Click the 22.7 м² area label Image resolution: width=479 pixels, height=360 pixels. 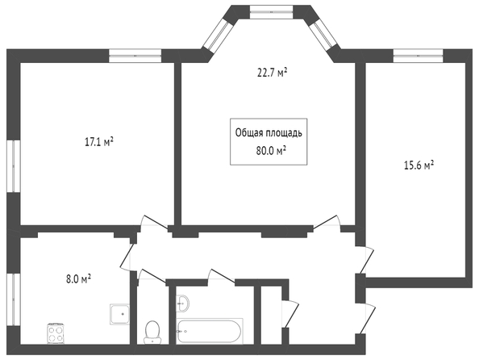273,73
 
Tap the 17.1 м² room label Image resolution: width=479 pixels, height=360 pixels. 98,142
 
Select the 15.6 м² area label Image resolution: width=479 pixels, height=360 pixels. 419,165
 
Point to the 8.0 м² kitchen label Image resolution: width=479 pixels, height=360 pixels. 79,279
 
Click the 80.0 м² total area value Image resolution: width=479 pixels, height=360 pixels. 271,151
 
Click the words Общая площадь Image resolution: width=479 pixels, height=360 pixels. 269,133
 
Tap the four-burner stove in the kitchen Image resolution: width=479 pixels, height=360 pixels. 56,333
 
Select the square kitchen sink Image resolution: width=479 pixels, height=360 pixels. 119,314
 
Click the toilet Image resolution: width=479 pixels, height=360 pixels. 152,333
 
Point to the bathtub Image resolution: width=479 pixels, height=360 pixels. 210,331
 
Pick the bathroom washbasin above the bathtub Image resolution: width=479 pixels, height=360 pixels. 182,303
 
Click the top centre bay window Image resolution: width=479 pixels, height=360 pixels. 271,12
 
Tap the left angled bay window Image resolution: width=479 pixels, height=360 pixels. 216,36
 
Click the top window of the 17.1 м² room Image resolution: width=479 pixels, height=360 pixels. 135,56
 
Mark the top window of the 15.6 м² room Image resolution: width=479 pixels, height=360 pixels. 418,56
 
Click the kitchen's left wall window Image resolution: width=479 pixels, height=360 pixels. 14,299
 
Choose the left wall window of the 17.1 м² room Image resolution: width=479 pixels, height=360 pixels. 14,166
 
